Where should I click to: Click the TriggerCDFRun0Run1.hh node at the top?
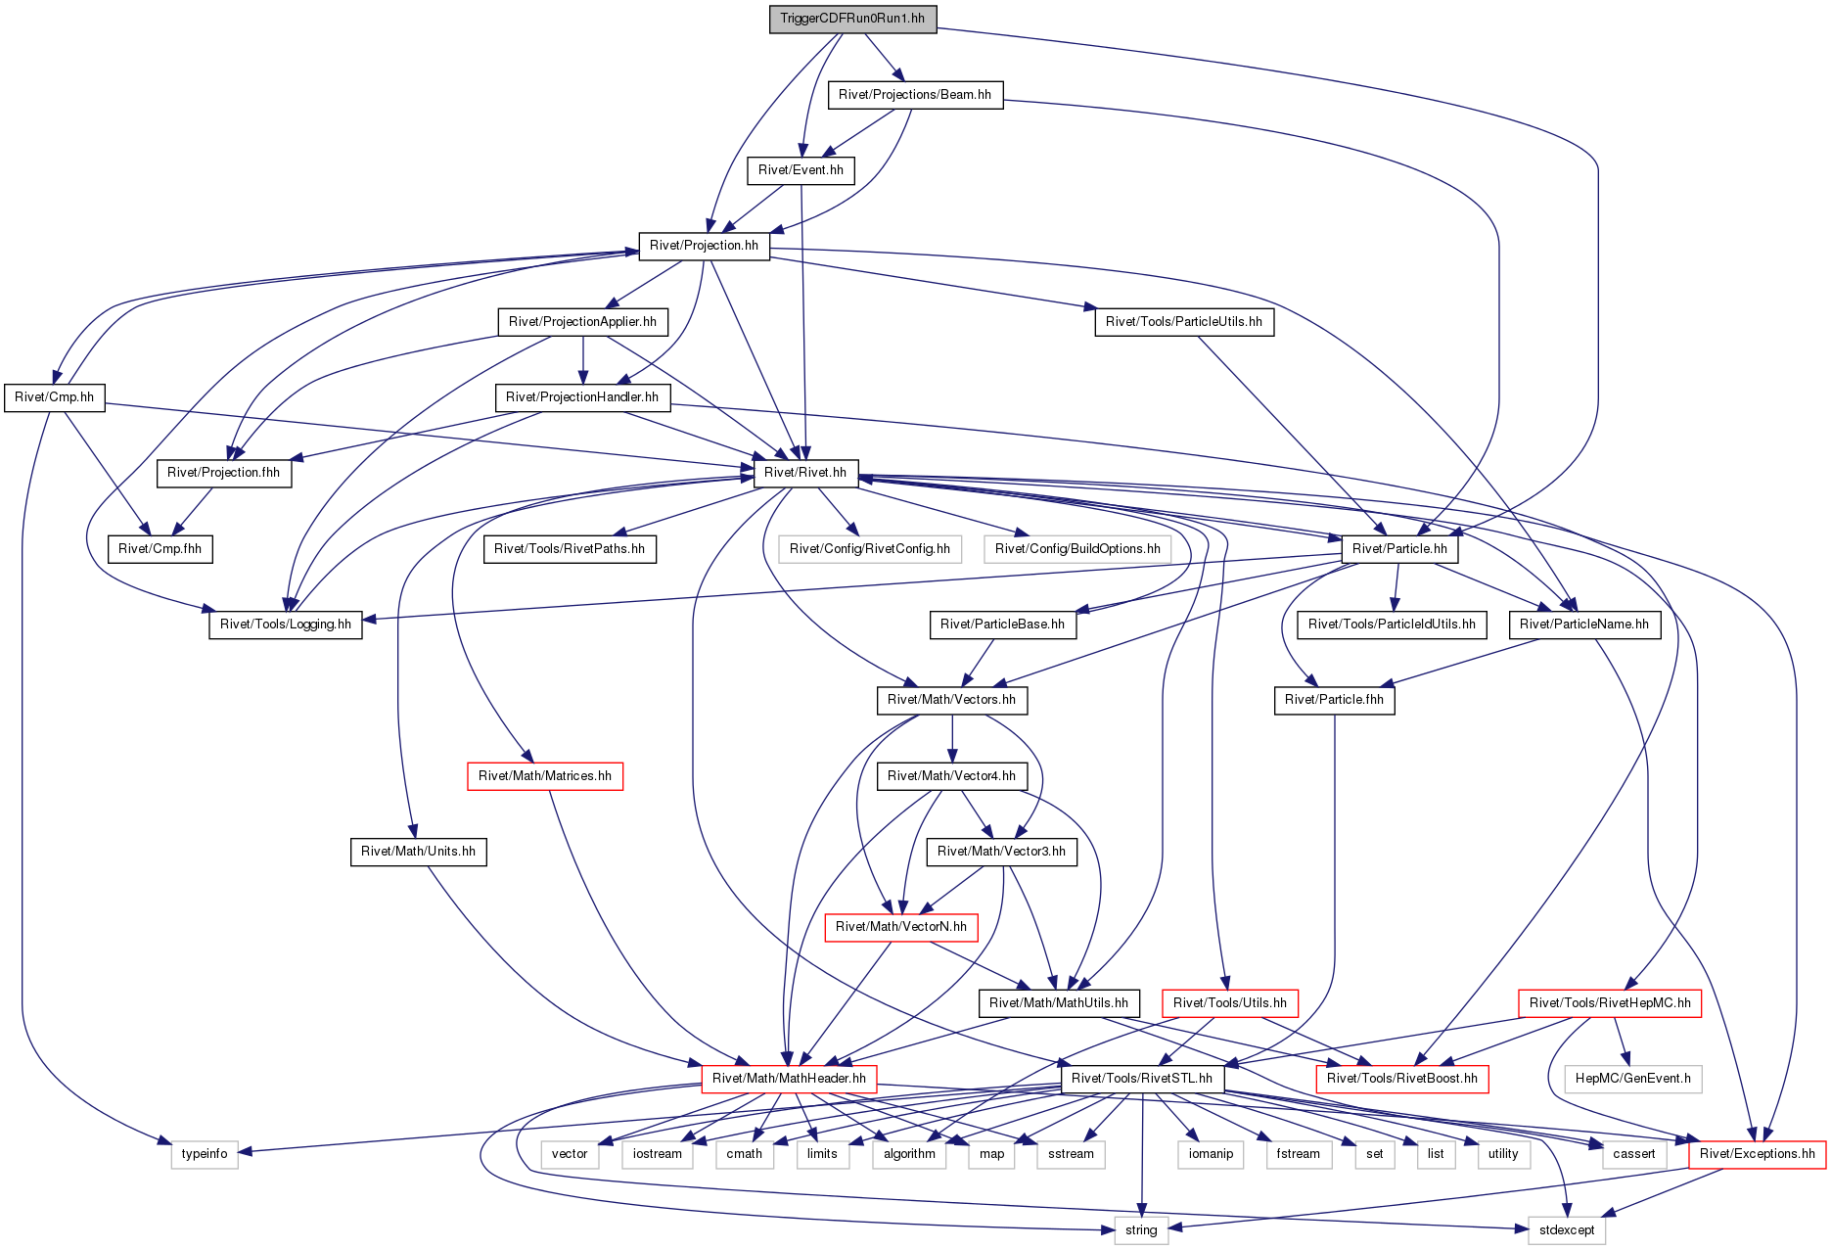852,19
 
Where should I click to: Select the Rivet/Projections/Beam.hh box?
915,95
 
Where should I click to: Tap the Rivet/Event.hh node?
801,170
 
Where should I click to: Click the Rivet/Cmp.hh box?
55,397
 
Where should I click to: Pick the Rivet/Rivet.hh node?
805,473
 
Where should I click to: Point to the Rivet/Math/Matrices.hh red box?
545,776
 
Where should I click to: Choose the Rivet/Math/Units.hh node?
418,852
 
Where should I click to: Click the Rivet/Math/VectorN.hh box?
901,927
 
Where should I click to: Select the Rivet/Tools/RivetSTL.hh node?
1142,1079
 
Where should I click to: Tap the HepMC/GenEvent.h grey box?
1633,1079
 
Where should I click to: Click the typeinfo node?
205,1154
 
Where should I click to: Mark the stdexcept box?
1567,1229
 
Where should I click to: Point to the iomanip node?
1211,1154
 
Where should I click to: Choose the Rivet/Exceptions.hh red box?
1758,1154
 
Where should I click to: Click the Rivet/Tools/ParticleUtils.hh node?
1184,322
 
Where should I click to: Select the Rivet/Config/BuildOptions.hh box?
1077,549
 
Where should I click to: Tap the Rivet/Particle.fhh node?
1335,700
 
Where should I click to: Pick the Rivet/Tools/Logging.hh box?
286,625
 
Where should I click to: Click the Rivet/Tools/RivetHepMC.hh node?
1610,1003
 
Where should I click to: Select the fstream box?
1299,1154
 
